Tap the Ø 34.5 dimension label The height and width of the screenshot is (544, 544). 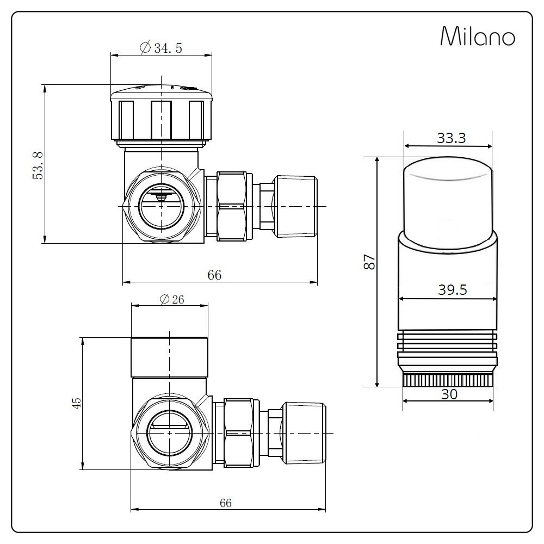click(161, 48)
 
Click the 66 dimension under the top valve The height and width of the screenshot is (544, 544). click(214, 275)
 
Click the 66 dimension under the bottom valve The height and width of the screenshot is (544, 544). click(225, 503)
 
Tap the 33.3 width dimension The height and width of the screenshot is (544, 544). click(451, 138)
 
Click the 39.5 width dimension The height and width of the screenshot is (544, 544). click(453, 290)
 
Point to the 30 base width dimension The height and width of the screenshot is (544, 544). click(449, 394)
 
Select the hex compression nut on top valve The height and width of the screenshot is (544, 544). click(234, 206)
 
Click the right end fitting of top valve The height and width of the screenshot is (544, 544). click(296, 206)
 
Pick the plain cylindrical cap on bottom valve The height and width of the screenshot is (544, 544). click(170, 356)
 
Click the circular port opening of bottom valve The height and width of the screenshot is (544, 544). click(170, 431)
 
